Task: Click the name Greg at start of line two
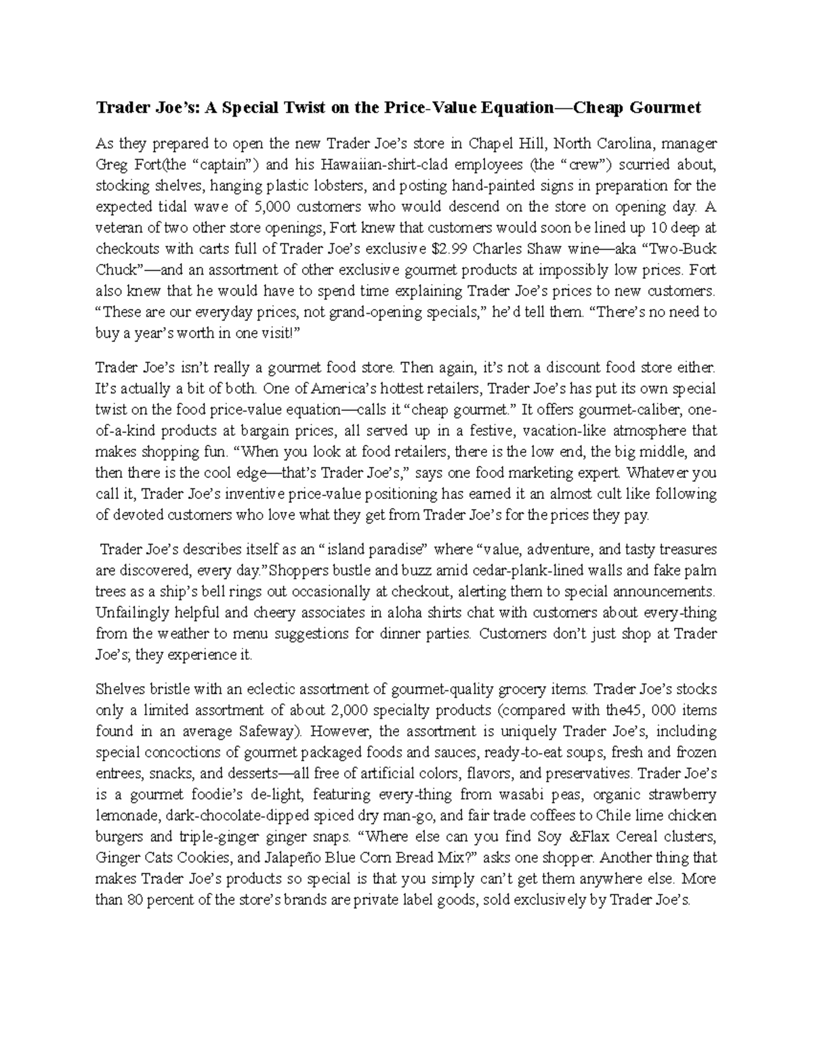coord(110,165)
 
